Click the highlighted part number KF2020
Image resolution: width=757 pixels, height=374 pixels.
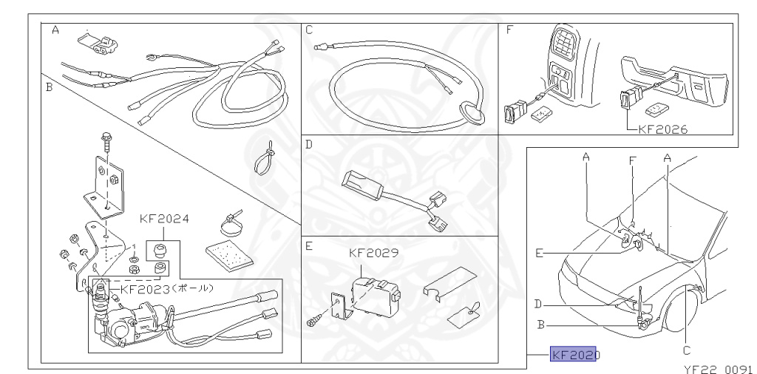(x=574, y=355)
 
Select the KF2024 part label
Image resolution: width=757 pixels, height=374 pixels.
(x=164, y=219)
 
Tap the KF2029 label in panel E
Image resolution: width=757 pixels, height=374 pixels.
(x=373, y=252)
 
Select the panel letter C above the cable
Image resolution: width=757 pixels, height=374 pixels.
(x=309, y=30)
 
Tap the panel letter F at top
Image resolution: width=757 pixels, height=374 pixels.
(x=509, y=30)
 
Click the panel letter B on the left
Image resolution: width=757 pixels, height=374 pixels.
(x=48, y=86)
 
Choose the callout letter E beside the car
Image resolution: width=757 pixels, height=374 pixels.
(x=540, y=253)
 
